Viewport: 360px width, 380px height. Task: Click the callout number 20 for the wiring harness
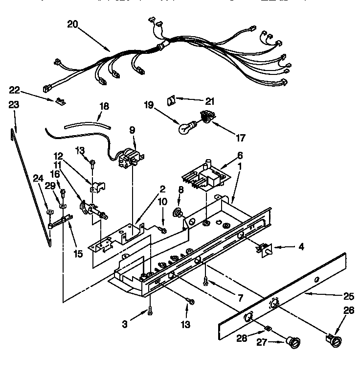click(x=71, y=24)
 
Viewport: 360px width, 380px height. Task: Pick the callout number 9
click(x=131, y=130)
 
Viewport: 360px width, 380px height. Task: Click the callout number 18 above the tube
click(x=104, y=105)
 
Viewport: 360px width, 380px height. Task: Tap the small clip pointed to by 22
click(x=60, y=102)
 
